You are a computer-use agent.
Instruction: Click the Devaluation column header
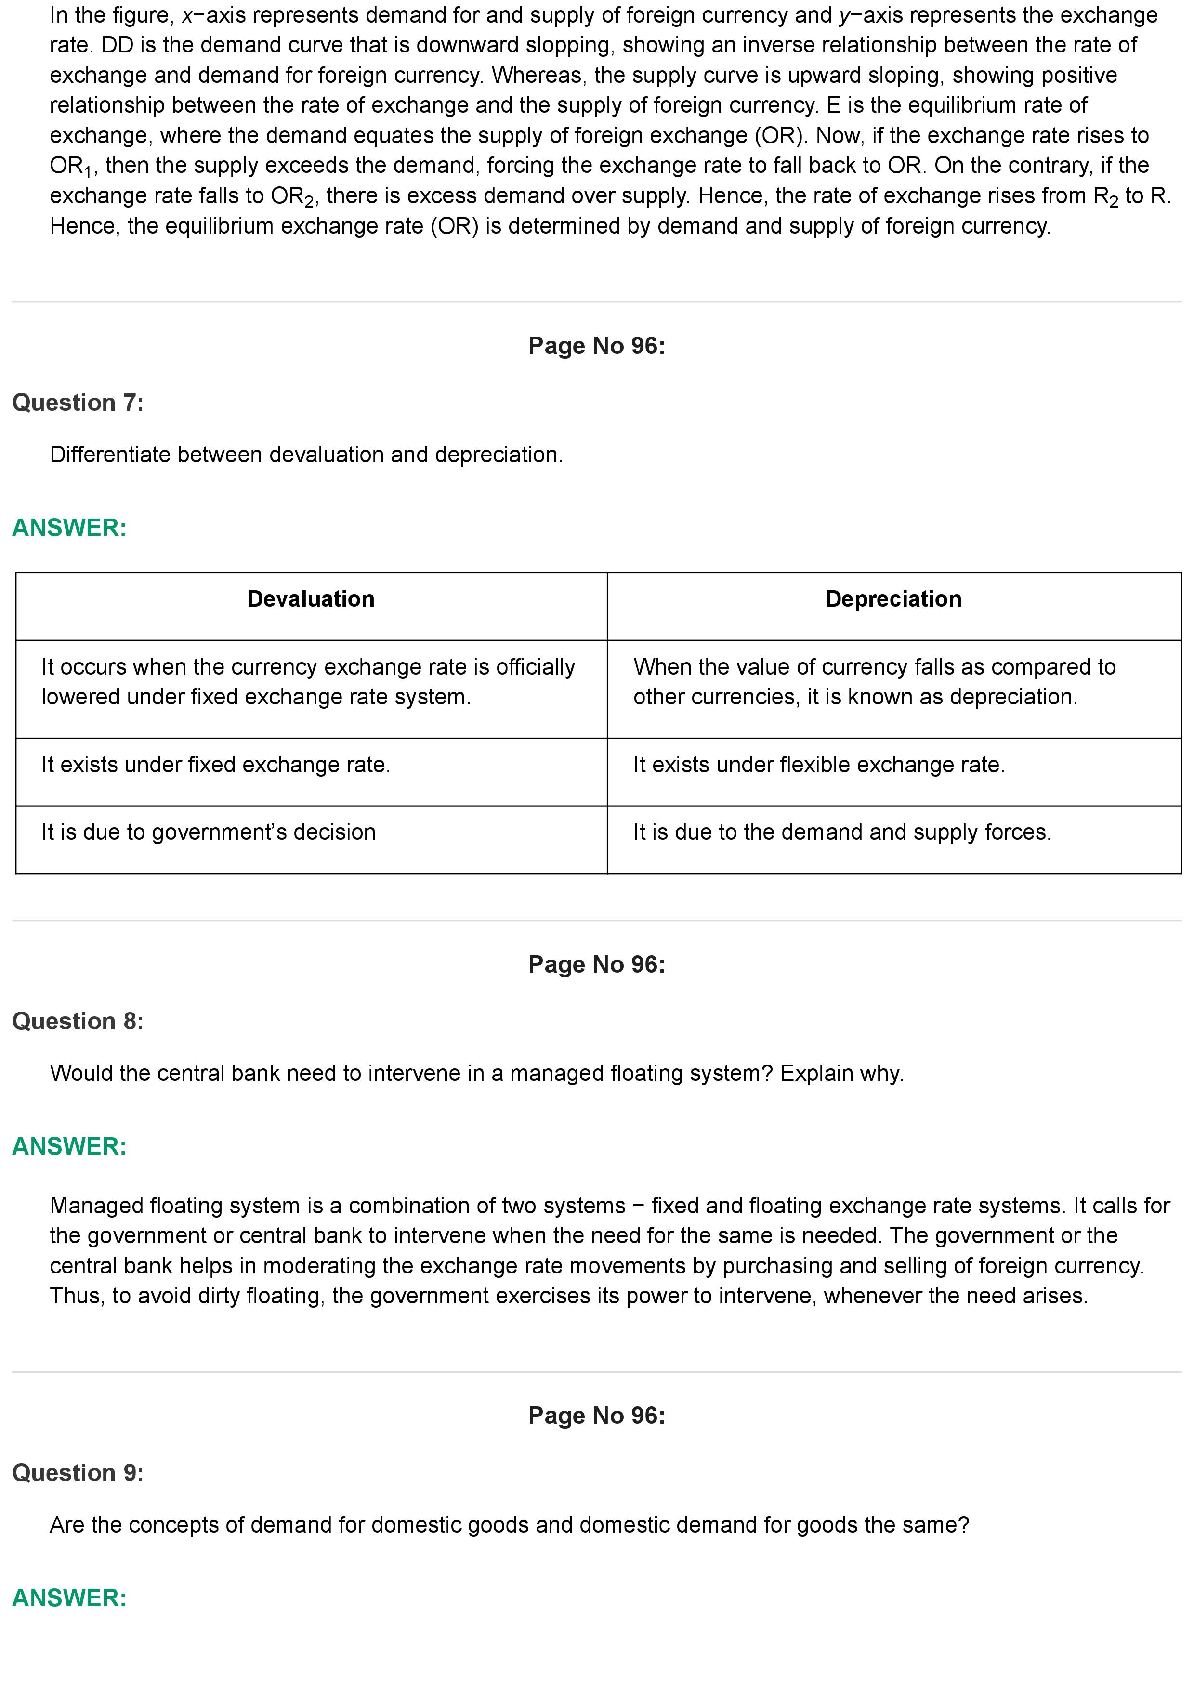(311, 599)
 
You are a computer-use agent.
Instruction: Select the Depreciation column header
(893, 599)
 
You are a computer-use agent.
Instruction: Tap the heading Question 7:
(78, 403)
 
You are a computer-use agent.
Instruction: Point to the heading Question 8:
(78, 1021)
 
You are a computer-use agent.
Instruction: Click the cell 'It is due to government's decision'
(208, 832)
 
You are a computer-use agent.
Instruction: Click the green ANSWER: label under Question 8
(69, 1146)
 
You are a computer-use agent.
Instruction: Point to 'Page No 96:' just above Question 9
(597, 1416)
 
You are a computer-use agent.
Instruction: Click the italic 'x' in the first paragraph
(187, 15)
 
